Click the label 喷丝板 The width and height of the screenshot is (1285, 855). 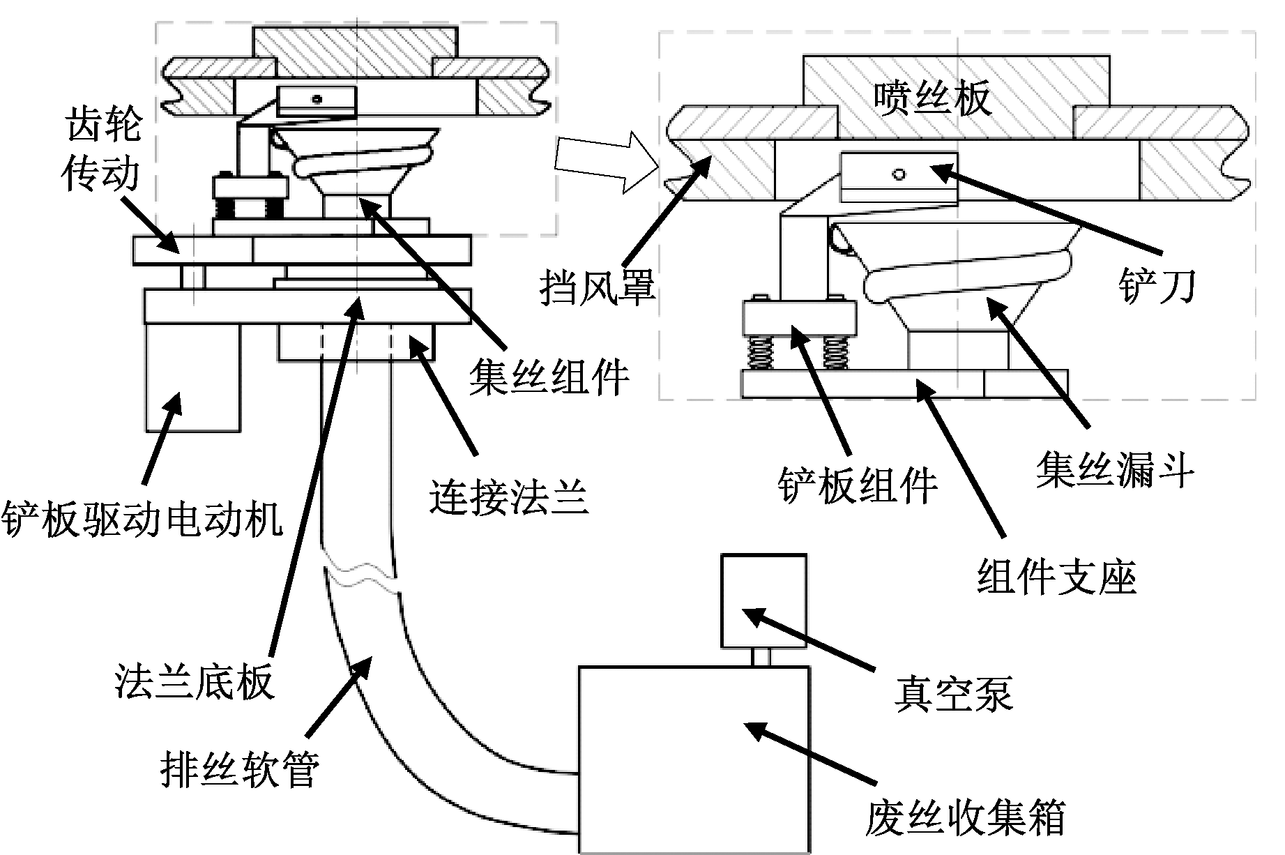[932, 98]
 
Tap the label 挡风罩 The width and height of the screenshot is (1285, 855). [598, 287]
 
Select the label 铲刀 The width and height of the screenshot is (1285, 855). [1157, 285]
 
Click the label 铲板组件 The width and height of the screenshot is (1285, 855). [858, 485]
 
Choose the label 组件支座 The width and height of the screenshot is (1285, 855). [1057, 577]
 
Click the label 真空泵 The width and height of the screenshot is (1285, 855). [953, 693]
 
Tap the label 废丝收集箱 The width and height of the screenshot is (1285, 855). [966, 817]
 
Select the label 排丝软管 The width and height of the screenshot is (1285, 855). [240, 769]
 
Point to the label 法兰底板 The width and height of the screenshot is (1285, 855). [195, 681]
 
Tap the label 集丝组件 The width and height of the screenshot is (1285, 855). [549, 377]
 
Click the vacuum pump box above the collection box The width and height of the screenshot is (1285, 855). [763, 601]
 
